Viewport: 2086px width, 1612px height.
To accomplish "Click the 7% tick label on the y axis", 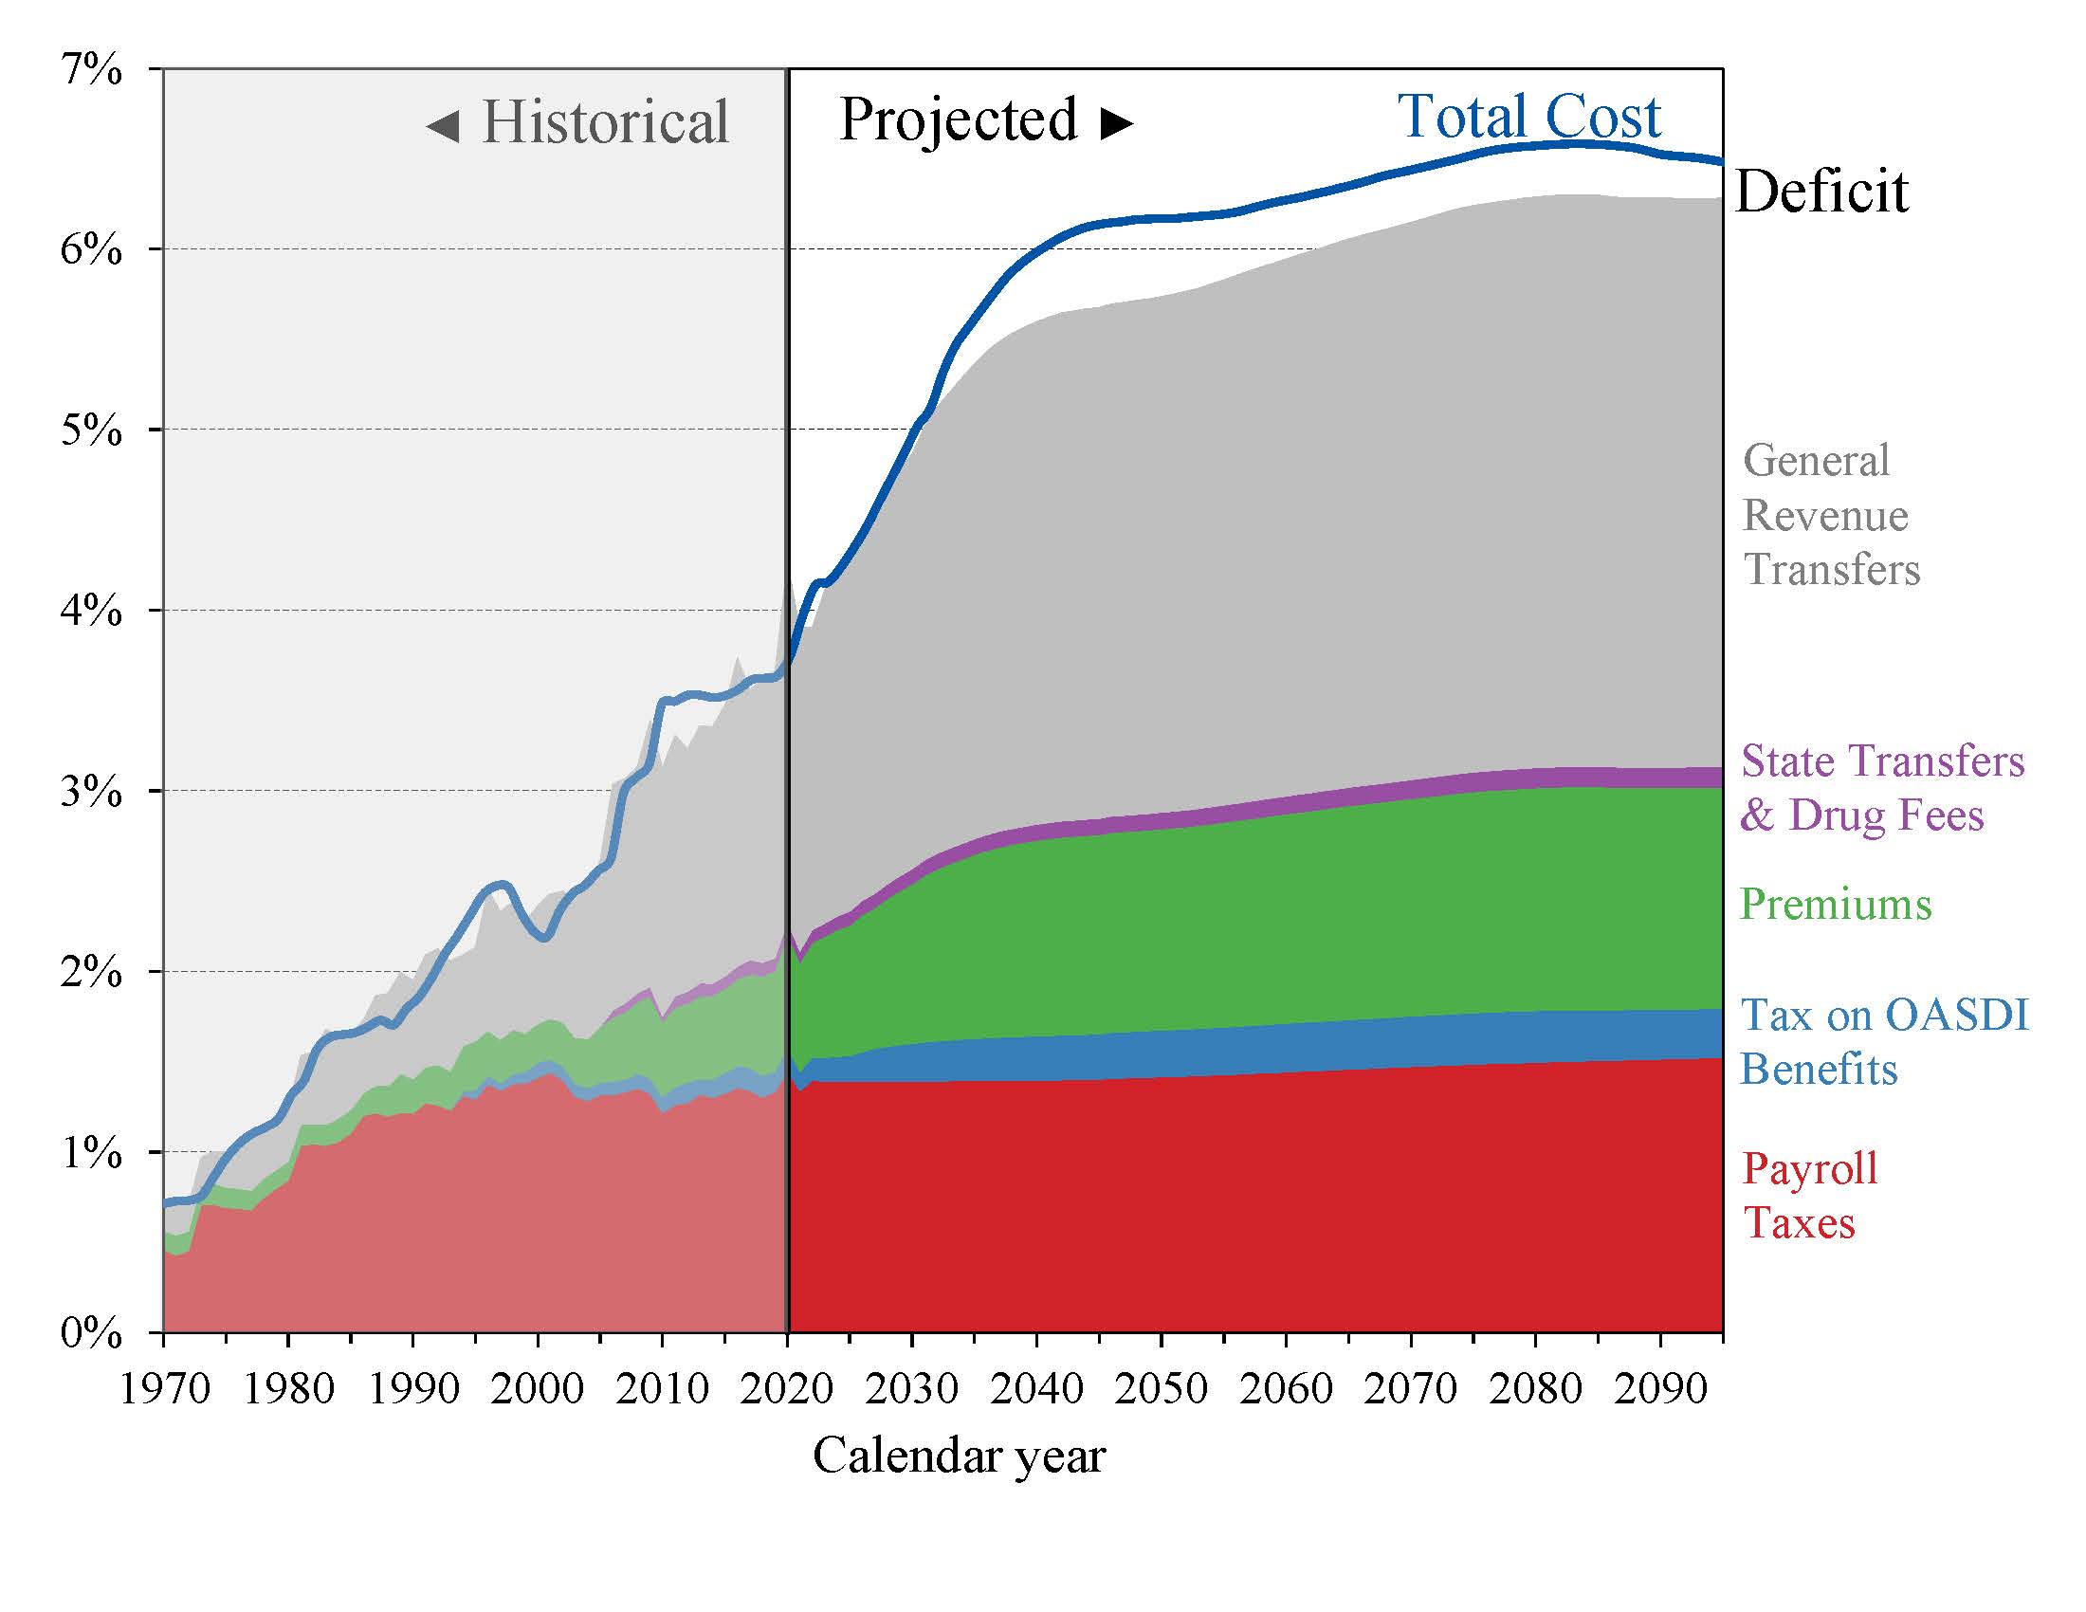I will tap(92, 70).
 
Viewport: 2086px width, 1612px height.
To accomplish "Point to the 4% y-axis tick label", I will tap(92, 611).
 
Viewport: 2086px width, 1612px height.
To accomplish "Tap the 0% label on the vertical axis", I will tap(92, 1332).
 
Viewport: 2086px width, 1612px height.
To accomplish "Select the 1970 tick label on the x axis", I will tap(164, 1387).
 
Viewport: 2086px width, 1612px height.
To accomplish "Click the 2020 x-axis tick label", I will tap(787, 1387).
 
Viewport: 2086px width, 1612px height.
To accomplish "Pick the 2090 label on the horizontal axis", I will tap(1660, 1387).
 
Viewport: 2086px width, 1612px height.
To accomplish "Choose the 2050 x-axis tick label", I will tap(1162, 1387).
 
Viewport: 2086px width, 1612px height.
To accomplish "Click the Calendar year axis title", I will tap(959, 1456).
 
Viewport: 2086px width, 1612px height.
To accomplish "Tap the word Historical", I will tap(606, 122).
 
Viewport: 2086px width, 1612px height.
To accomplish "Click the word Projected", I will tap(958, 120).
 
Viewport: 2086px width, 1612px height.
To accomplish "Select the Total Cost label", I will tap(1529, 117).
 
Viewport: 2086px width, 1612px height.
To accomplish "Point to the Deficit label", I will tap(1821, 192).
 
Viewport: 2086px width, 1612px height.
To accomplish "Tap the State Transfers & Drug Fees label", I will tap(1881, 788).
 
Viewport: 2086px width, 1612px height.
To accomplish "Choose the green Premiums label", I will tap(1835, 904).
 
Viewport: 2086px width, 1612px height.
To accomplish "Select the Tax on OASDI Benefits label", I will tap(1883, 1042).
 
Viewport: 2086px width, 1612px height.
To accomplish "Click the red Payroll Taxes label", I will tap(1809, 1196).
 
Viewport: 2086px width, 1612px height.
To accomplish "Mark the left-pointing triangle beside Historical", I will tap(442, 125).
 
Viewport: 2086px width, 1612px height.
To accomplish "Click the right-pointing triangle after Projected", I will tap(1117, 123).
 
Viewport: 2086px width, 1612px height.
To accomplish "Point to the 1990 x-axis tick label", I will tap(413, 1387).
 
